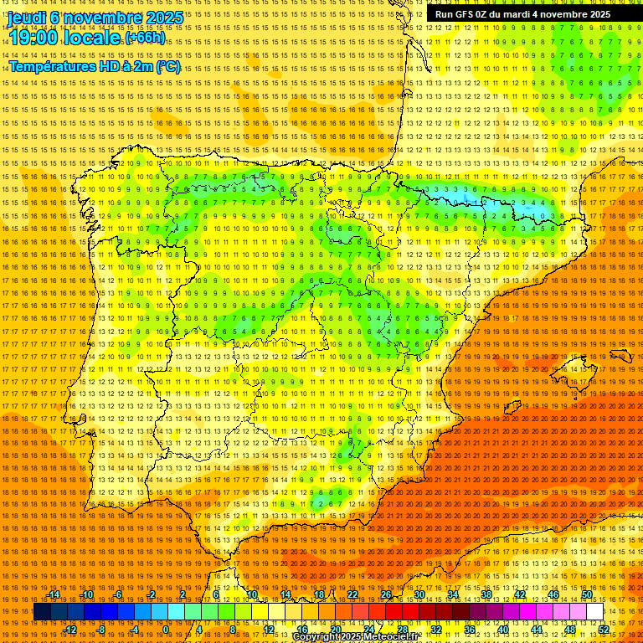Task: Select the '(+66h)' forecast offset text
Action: pyautogui.click(x=145, y=38)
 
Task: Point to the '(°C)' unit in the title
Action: pyautogui.click(x=167, y=66)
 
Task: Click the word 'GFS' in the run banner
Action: pyautogui.click(x=466, y=14)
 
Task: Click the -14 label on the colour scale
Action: pyautogui.click(x=54, y=594)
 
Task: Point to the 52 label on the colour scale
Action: pyautogui.click(x=604, y=630)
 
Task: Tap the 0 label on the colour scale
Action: pyautogui.click(x=166, y=630)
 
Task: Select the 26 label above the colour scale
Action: pyautogui.click(x=386, y=594)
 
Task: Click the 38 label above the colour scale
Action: pyautogui.click(x=486, y=594)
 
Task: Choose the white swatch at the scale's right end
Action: pyautogui.click(x=594, y=612)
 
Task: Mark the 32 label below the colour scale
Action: pyautogui.click(x=436, y=630)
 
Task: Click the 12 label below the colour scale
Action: pyautogui.click(x=269, y=630)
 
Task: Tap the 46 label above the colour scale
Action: pyautogui.click(x=553, y=594)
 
